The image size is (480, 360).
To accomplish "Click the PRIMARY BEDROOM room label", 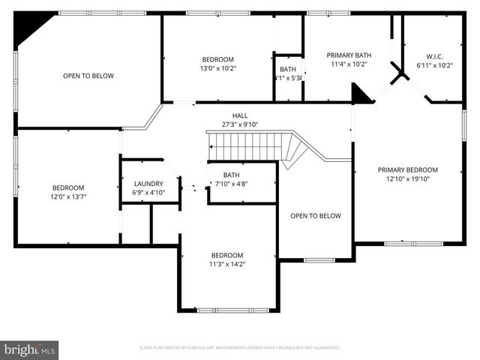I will (x=407, y=169).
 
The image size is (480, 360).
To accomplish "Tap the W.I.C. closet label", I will (x=434, y=55).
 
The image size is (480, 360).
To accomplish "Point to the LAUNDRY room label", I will (x=149, y=184).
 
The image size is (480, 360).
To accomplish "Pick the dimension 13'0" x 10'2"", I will (x=217, y=68).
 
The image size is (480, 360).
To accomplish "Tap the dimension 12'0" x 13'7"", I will (x=67, y=196).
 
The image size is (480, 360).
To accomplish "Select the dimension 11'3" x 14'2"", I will (x=226, y=264).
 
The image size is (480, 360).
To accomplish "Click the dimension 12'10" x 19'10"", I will (x=407, y=178).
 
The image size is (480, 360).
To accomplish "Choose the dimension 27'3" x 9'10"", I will (x=240, y=124).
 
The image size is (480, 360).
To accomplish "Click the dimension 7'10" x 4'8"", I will (x=231, y=184).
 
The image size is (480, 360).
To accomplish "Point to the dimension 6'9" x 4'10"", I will (x=149, y=193).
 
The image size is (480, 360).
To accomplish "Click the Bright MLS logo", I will (x=30, y=349).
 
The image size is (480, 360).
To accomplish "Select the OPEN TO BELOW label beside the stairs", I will (x=315, y=216).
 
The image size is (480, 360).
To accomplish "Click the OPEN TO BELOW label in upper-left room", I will (x=88, y=76).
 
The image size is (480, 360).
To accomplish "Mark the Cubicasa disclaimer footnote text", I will (x=240, y=348).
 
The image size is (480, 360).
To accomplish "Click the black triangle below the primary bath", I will (x=361, y=94).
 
